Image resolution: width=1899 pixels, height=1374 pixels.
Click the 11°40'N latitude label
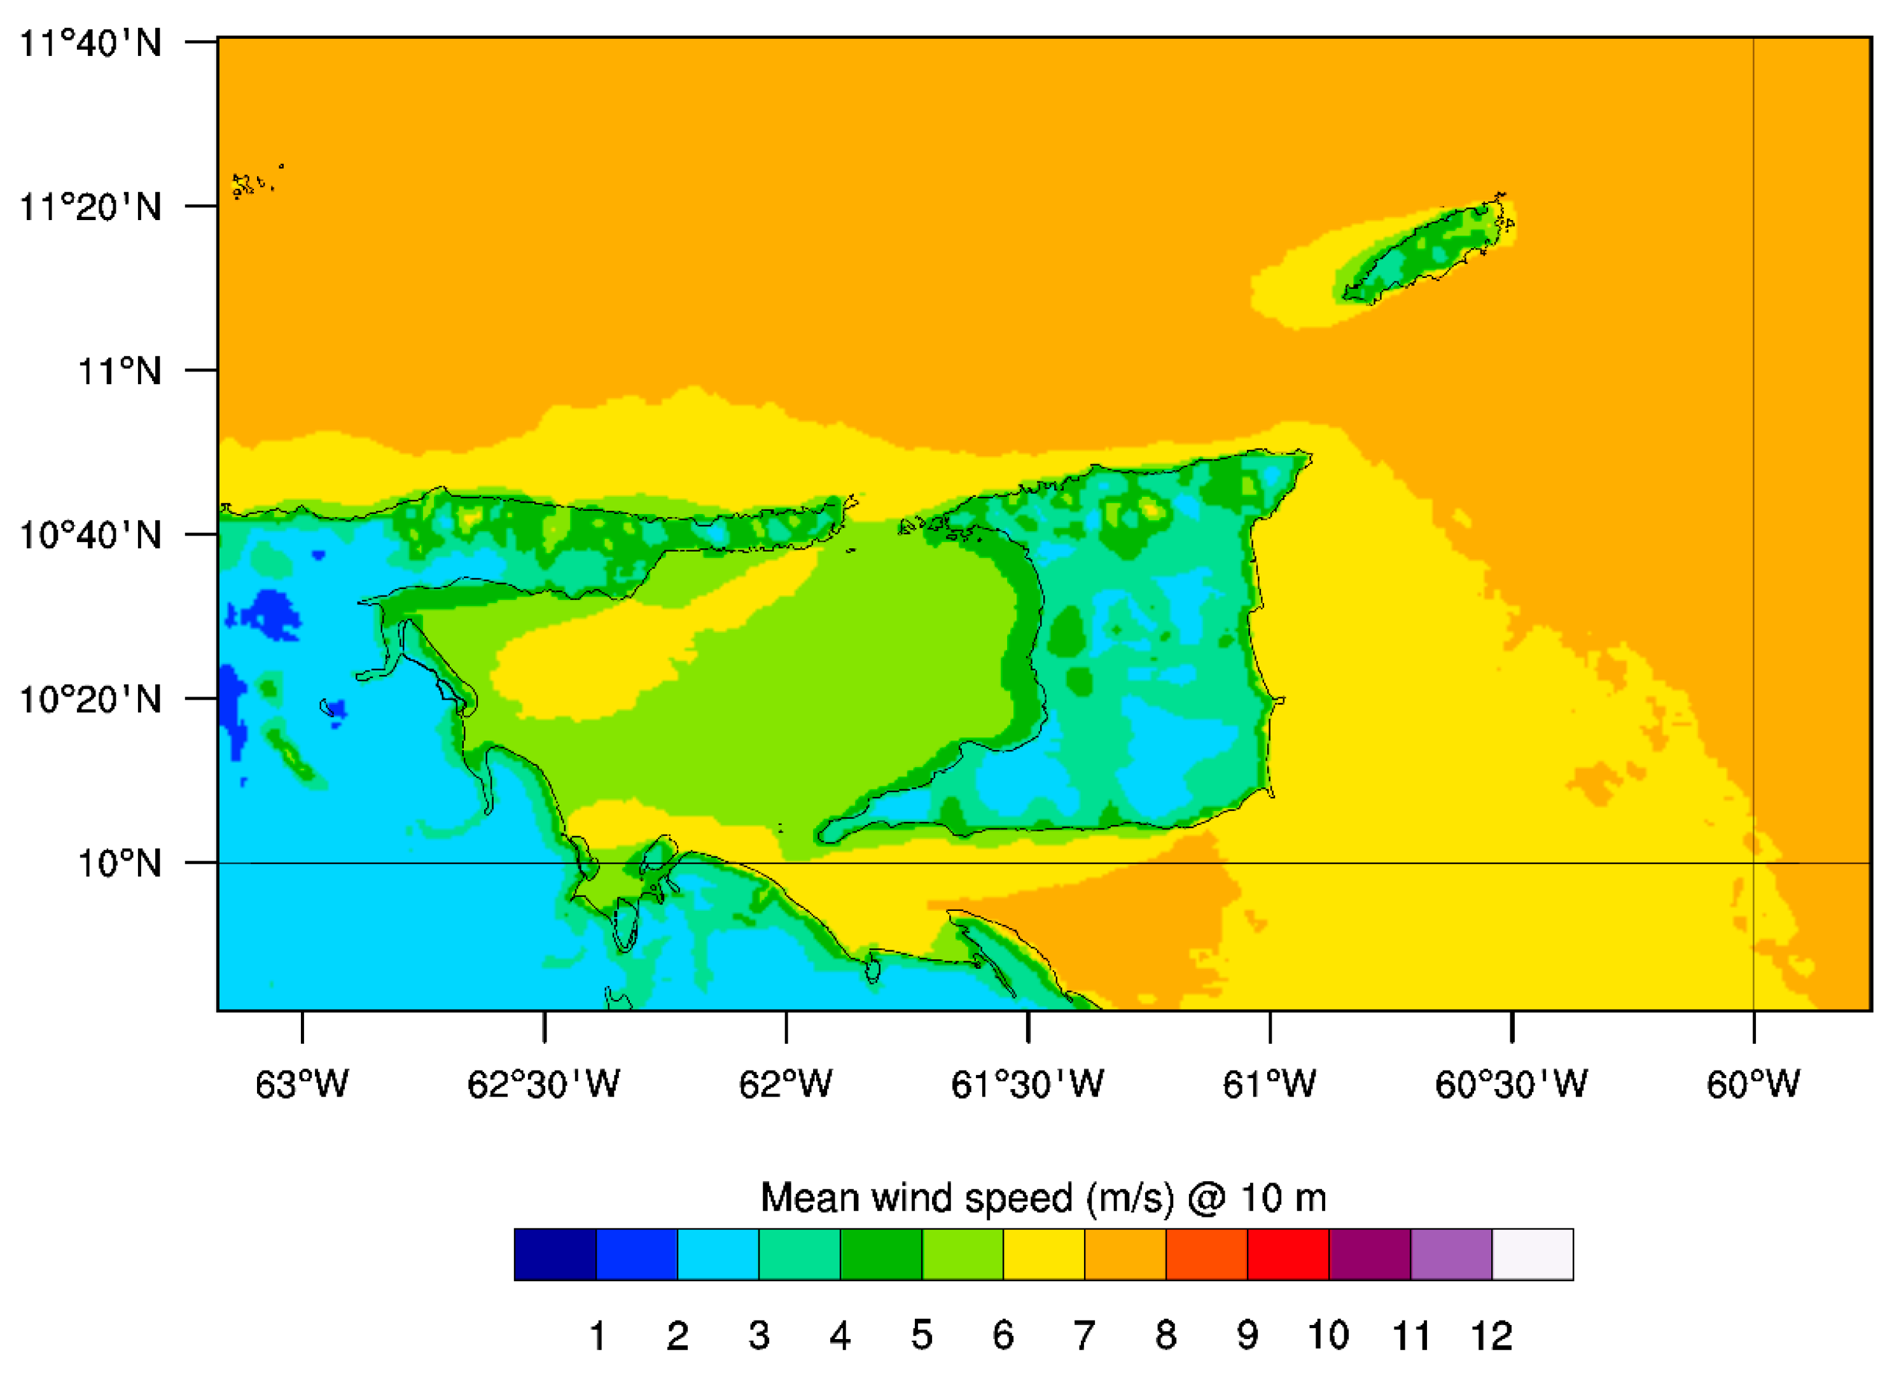click(x=90, y=42)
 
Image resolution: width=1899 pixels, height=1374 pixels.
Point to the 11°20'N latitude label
click(x=90, y=206)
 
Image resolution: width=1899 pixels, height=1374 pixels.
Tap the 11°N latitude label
click(x=120, y=370)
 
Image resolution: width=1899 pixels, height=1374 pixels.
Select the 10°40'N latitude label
click(x=90, y=534)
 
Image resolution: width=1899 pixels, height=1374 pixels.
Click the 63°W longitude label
click(x=302, y=1085)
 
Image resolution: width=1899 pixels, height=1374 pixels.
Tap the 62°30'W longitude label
click(x=543, y=1085)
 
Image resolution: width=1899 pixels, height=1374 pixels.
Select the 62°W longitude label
click(x=786, y=1085)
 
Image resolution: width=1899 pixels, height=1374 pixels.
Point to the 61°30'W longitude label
click(x=1027, y=1085)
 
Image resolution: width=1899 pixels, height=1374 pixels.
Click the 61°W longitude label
click(x=1269, y=1085)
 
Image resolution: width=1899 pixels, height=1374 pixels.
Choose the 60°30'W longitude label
click(x=1512, y=1085)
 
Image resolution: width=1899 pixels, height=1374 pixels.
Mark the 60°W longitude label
click(x=1753, y=1085)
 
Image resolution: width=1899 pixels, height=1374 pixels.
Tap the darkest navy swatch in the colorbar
click(x=555, y=1255)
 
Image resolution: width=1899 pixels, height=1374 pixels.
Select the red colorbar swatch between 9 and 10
click(x=1288, y=1255)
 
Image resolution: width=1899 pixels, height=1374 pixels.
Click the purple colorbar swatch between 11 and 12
click(x=1451, y=1255)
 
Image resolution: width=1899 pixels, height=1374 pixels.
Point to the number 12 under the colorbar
click(x=1491, y=1335)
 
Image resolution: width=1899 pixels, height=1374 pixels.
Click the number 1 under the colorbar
click(x=597, y=1335)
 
